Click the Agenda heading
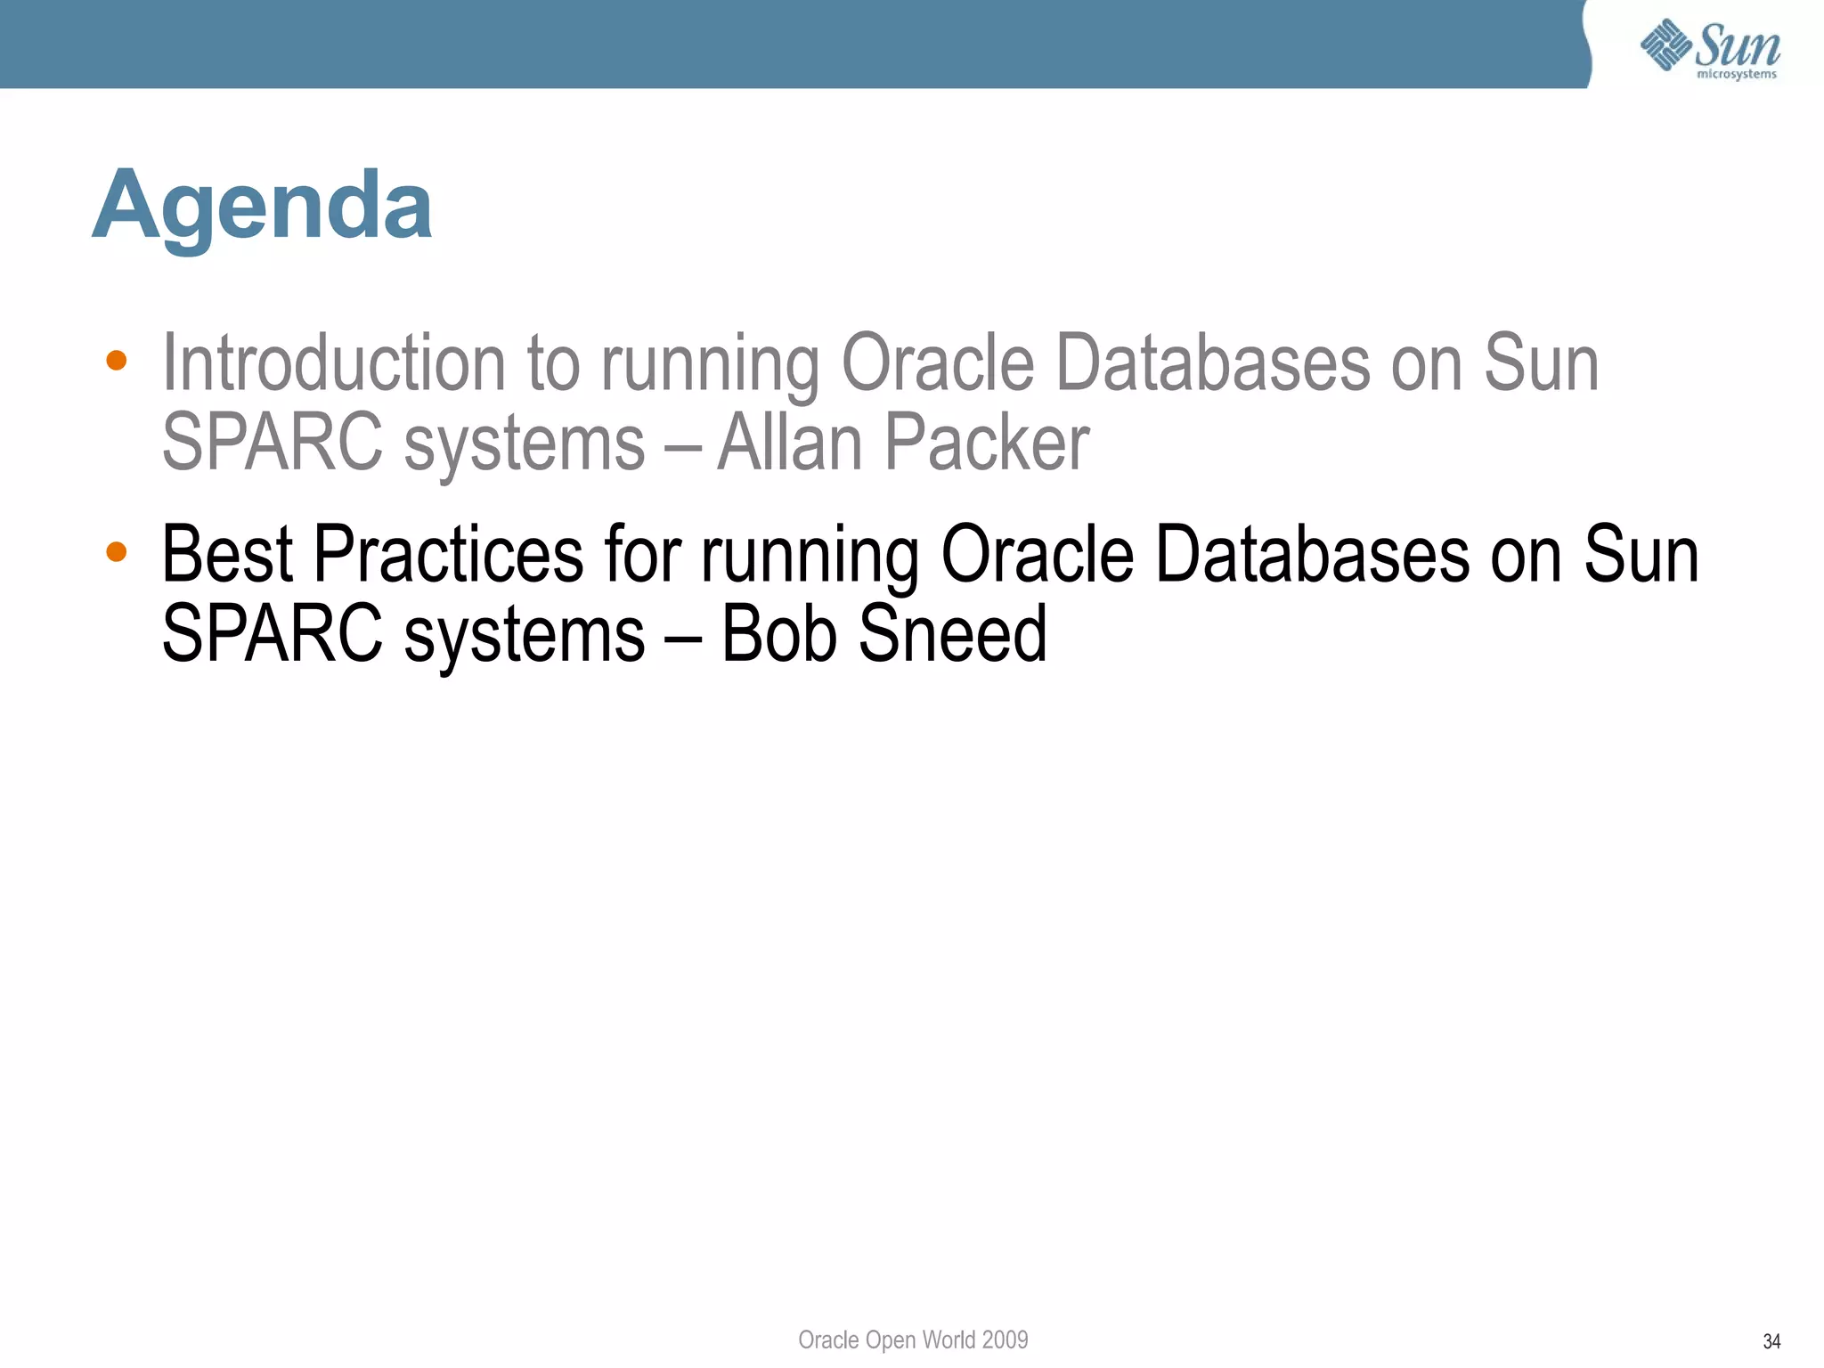point(262,207)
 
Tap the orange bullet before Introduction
point(116,361)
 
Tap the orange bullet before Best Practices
point(116,552)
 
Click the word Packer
point(987,443)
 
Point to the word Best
point(227,554)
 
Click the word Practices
point(449,554)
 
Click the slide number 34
point(1771,1341)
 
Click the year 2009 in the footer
point(1005,1339)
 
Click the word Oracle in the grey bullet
point(938,362)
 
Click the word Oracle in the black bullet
point(1038,554)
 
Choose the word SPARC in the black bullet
point(273,634)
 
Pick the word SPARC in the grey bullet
point(273,443)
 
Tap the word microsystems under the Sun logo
point(1736,75)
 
